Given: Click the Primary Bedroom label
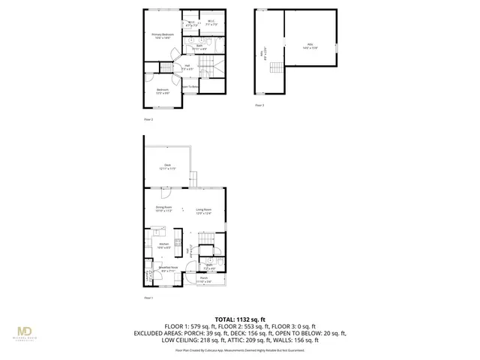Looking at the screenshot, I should click(x=163, y=35).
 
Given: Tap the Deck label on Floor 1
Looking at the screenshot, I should click(x=167, y=167).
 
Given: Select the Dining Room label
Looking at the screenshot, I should click(x=164, y=210).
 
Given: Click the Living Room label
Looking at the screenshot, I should click(x=204, y=210).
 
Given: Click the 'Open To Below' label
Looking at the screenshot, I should click(x=190, y=87).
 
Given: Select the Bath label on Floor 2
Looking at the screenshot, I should click(x=199, y=47).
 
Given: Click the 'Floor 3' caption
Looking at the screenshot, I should click(x=259, y=106).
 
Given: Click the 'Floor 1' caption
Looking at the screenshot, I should click(x=148, y=298).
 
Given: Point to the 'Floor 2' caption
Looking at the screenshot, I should click(x=148, y=119).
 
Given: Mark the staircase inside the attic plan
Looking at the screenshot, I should click(x=276, y=70).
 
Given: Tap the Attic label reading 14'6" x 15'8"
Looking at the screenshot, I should click(x=309, y=45).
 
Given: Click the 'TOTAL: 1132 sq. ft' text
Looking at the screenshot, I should click(x=240, y=319).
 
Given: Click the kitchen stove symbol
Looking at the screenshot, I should click(x=178, y=241).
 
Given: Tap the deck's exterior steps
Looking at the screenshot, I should click(x=193, y=181).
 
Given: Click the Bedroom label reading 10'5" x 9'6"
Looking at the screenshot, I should click(x=163, y=91).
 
